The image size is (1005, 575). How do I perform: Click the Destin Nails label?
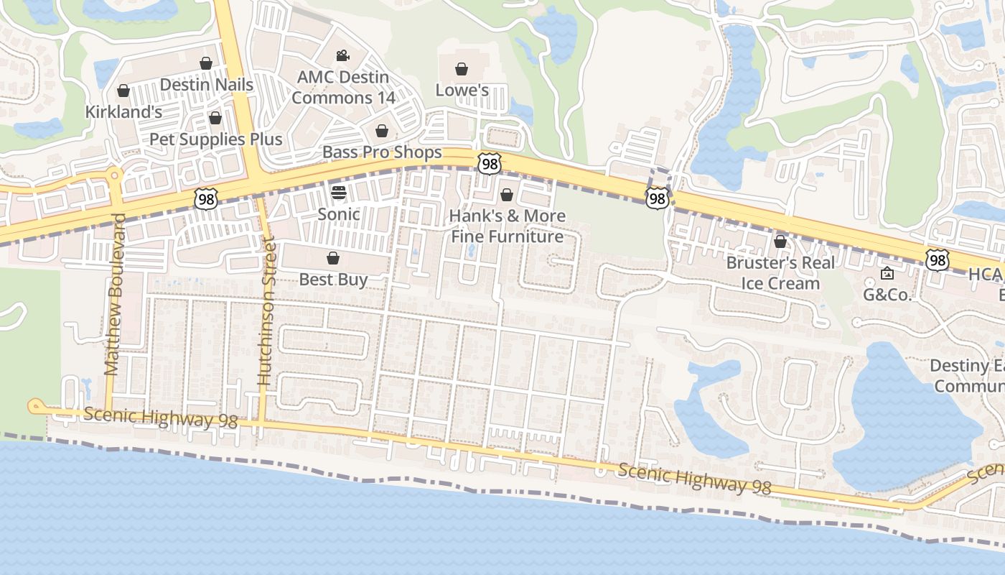[x=206, y=85]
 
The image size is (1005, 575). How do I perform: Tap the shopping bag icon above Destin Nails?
[x=206, y=63]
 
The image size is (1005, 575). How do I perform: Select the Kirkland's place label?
[x=123, y=112]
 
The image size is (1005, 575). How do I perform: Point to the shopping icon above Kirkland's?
[x=123, y=91]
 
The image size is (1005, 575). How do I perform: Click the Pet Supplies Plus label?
[x=215, y=139]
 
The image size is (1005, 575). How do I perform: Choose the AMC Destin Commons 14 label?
[x=343, y=88]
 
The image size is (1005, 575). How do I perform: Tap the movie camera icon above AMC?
[x=342, y=55]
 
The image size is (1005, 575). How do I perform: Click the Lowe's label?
[x=462, y=90]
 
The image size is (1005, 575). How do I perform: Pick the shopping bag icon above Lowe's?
[x=462, y=69]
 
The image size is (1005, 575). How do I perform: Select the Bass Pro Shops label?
[x=382, y=152]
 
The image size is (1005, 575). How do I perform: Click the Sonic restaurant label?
[x=339, y=213]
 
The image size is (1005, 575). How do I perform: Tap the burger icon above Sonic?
[x=339, y=193]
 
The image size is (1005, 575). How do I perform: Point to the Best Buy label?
[x=333, y=279]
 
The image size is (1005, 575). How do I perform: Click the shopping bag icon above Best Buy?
[x=333, y=258]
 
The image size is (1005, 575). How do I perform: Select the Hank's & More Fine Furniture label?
[x=507, y=226]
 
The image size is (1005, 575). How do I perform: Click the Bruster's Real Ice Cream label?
[x=780, y=272]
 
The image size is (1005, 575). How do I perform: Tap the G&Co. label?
[x=887, y=294]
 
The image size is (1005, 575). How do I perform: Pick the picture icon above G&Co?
[x=887, y=273]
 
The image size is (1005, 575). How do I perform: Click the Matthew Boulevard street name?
[x=114, y=295]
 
